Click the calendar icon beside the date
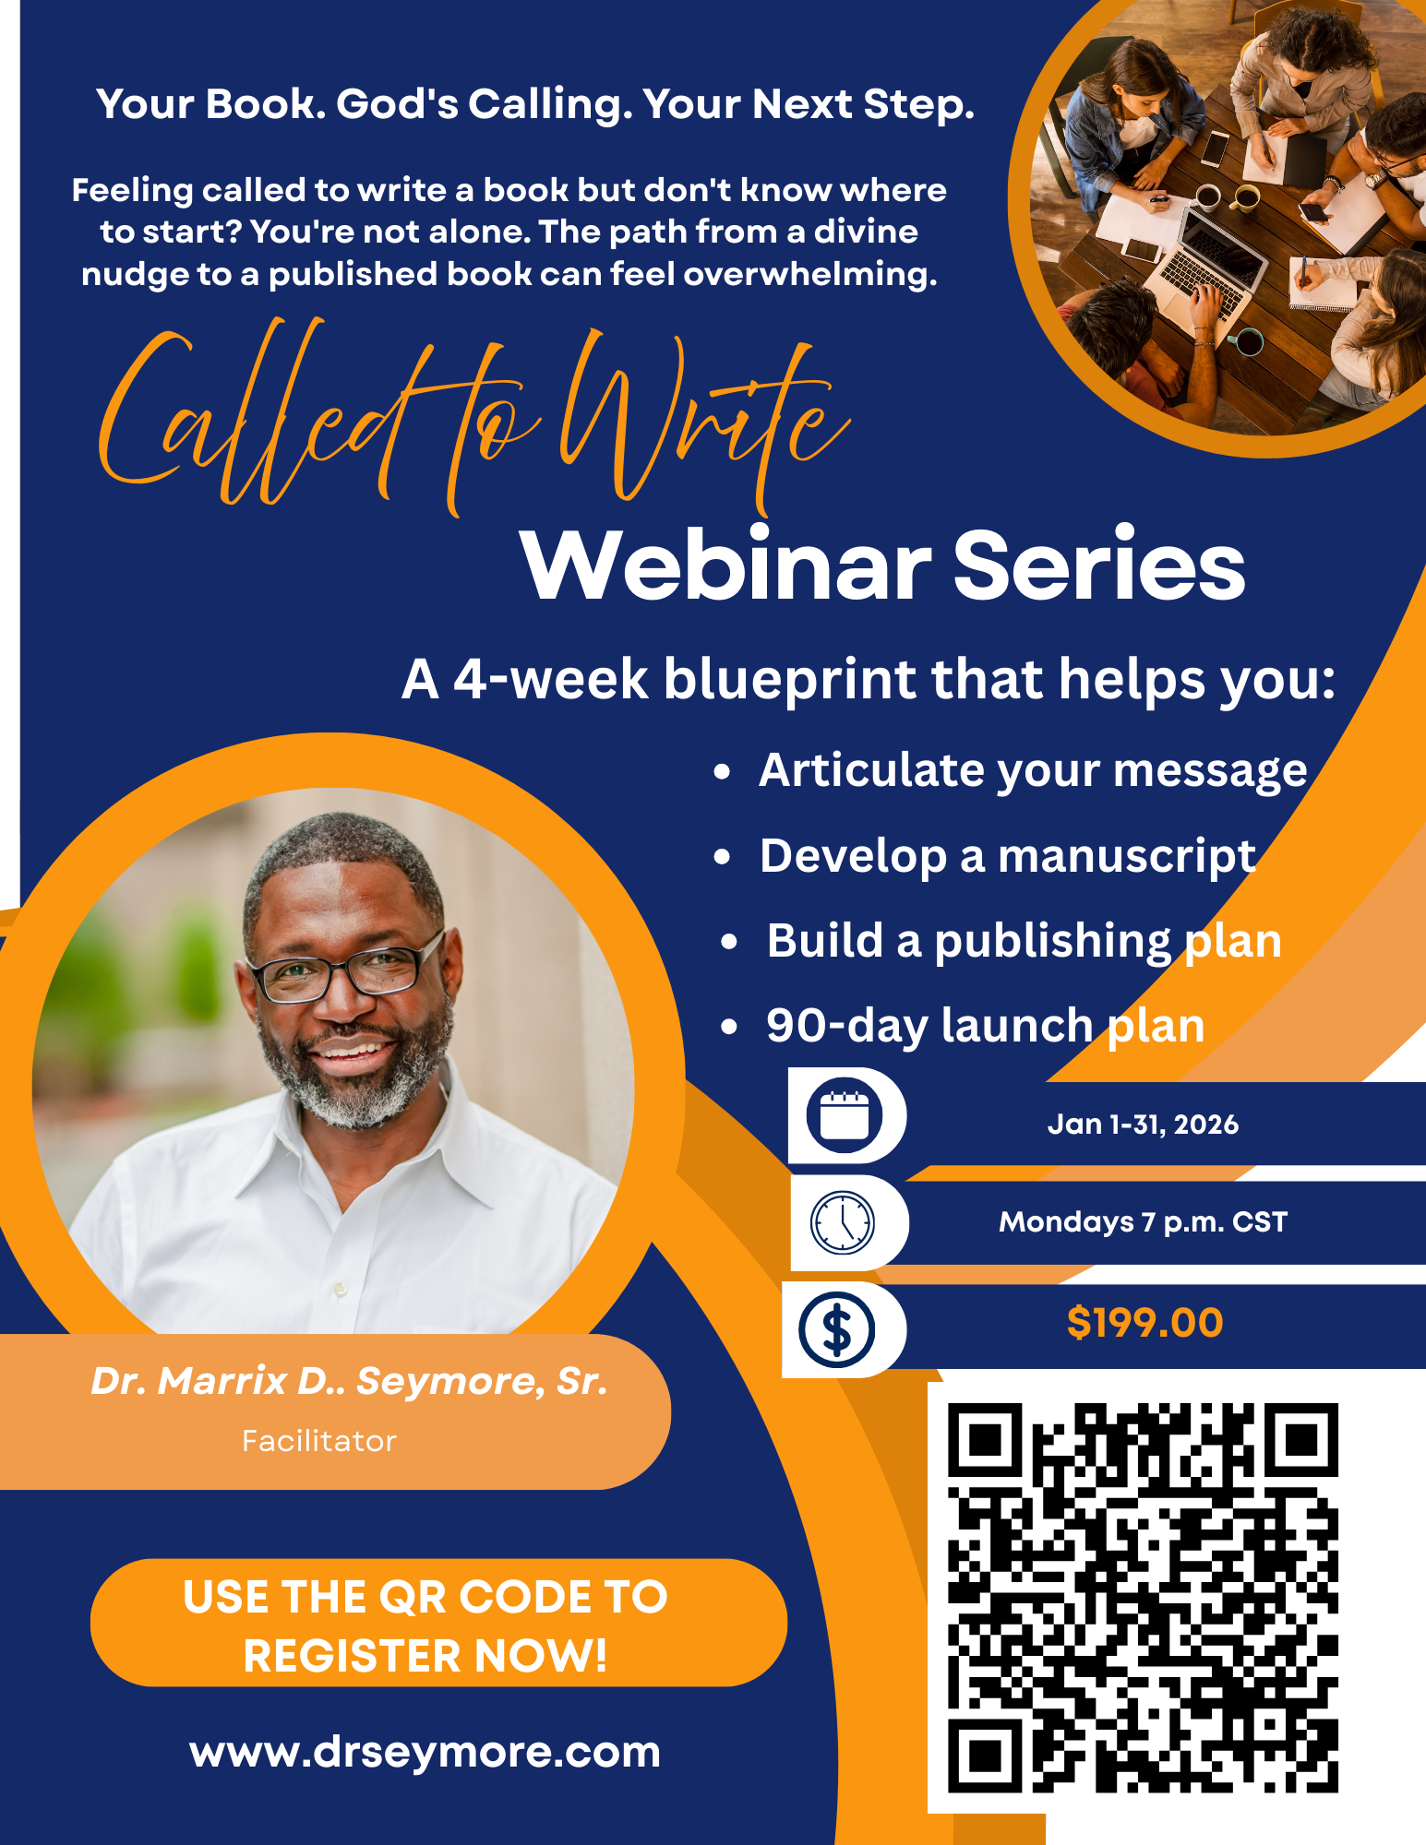(844, 1115)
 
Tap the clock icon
(842, 1222)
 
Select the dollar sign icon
(836, 1329)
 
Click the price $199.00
(1144, 1323)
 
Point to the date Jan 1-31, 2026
(1143, 1125)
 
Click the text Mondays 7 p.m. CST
(1143, 1222)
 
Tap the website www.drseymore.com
(425, 1752)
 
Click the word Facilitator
(319, 1441)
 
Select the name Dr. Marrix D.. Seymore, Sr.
(349, 1381)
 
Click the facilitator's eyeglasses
(346, 973)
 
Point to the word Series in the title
(1098, 565)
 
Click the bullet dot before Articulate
(722, 772)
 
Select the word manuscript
(1127, 856)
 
